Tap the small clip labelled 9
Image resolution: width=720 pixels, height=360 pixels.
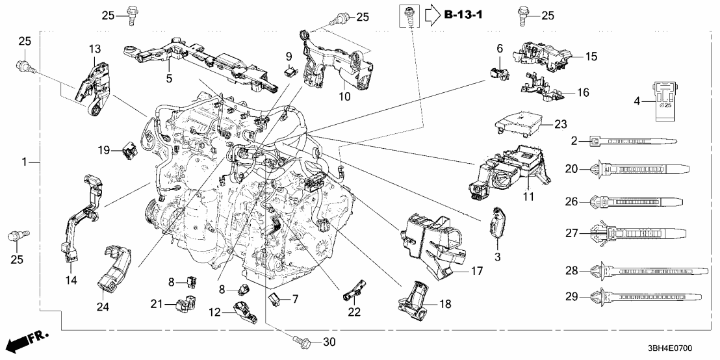tap(292, 71)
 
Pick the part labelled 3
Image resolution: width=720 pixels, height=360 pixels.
tap(497, 222)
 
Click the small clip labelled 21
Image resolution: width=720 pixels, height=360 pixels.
tap(186, 303)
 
